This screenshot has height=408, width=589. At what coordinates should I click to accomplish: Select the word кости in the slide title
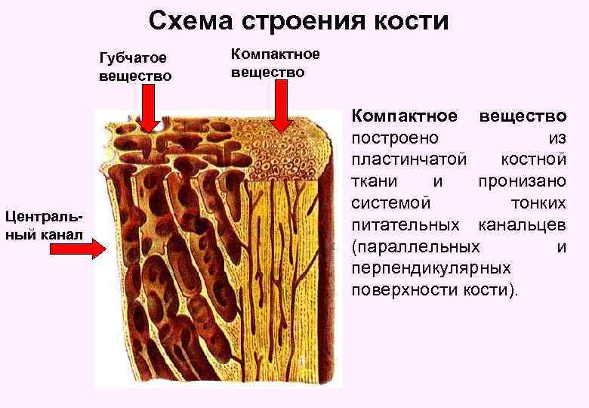click(x=409, y=20)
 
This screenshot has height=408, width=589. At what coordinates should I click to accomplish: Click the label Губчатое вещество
click(x=134, y=67)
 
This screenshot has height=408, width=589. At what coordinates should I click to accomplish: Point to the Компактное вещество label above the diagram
click(x=275, y=63)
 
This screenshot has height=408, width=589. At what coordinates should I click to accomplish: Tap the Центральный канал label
click(x=44, y=224)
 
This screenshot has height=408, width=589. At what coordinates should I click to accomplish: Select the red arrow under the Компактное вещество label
click(x=282, y=106)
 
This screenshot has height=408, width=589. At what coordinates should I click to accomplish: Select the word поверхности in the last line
click(x=401, y=290)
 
